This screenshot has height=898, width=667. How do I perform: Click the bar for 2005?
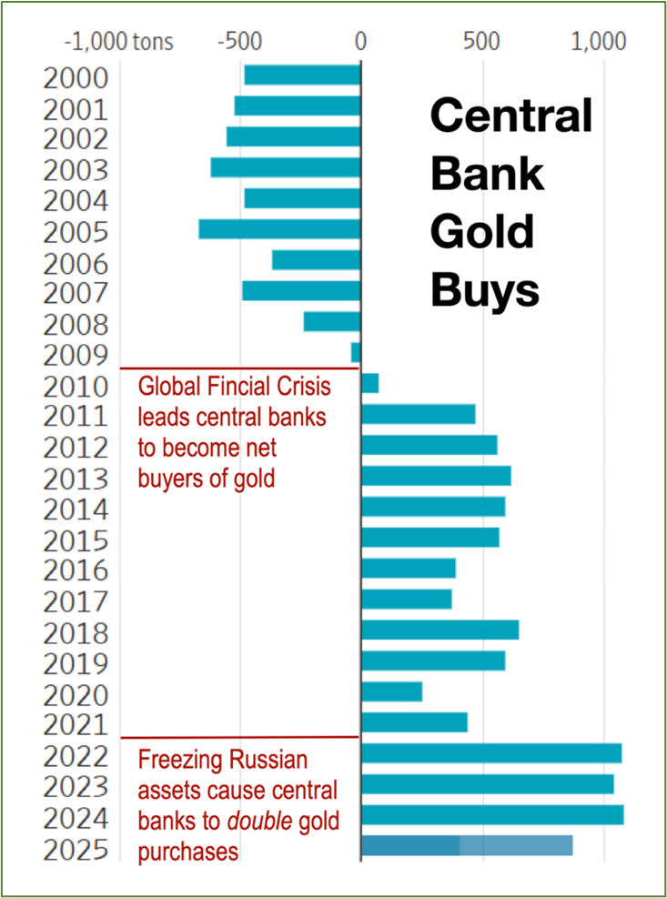click(279, 229)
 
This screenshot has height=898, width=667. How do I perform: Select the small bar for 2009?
click(356, 352)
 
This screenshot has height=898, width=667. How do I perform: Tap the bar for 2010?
click(369, 383)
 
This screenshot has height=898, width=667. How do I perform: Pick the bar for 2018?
click(440, 630)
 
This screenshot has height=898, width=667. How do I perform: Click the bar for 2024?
click(492, 814)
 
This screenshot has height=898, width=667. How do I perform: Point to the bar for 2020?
click(391, 691)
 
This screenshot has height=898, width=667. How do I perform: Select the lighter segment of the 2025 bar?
click(516, 845)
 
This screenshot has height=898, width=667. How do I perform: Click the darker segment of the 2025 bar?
click(410, 845)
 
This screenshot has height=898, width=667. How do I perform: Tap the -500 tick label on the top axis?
click(241, 42)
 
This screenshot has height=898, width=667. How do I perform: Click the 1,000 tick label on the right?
click(601, 42)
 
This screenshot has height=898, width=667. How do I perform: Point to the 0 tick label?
click(360, 42)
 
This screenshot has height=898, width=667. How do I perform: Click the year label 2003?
click(76, 170)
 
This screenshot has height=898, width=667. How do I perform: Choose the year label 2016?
click(76, 570)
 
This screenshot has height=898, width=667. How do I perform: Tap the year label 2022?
click(76, 756)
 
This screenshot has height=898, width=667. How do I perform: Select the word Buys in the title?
click(485, 291)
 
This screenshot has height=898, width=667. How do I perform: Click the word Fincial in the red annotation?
click(226, 387)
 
